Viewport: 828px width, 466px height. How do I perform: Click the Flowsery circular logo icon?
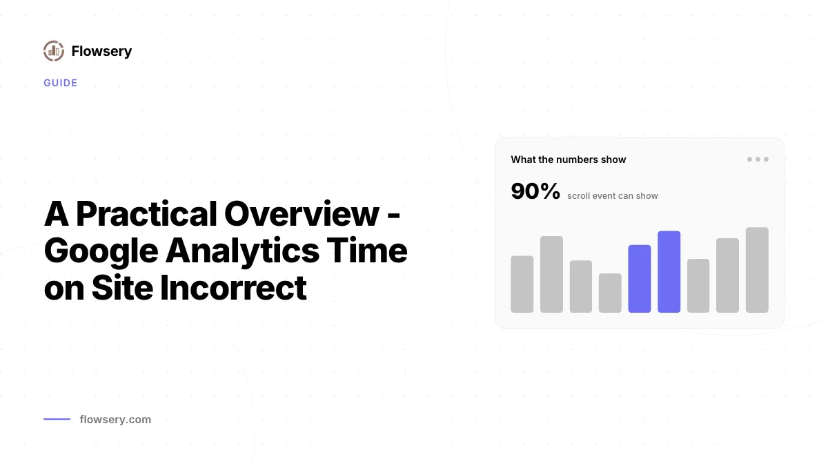[54, 51]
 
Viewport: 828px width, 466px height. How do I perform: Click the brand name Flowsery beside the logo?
[101, 51]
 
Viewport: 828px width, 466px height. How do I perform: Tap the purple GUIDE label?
[61, 83]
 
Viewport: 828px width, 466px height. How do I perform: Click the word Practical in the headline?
[146, 214]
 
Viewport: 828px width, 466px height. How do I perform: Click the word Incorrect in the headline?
[233, 288]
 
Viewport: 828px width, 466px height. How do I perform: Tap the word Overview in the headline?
[302, 214]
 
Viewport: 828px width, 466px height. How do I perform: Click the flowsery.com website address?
[115, 420]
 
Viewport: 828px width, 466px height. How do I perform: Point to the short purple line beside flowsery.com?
[57, 419]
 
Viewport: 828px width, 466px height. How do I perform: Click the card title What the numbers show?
[569, 159]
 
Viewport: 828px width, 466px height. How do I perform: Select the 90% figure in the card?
[535, 191]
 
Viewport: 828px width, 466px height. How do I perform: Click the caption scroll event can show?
[613, 195]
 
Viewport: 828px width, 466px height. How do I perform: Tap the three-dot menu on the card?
[758, 159]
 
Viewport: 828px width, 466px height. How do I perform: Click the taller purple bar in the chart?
[669, 272]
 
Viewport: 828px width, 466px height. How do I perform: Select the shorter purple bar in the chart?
[640, 278]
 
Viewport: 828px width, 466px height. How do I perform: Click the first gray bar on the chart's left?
[522, 284]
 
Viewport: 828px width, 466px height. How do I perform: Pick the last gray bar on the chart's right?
[757, 270]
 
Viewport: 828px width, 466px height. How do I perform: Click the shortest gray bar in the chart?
[610, 293]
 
